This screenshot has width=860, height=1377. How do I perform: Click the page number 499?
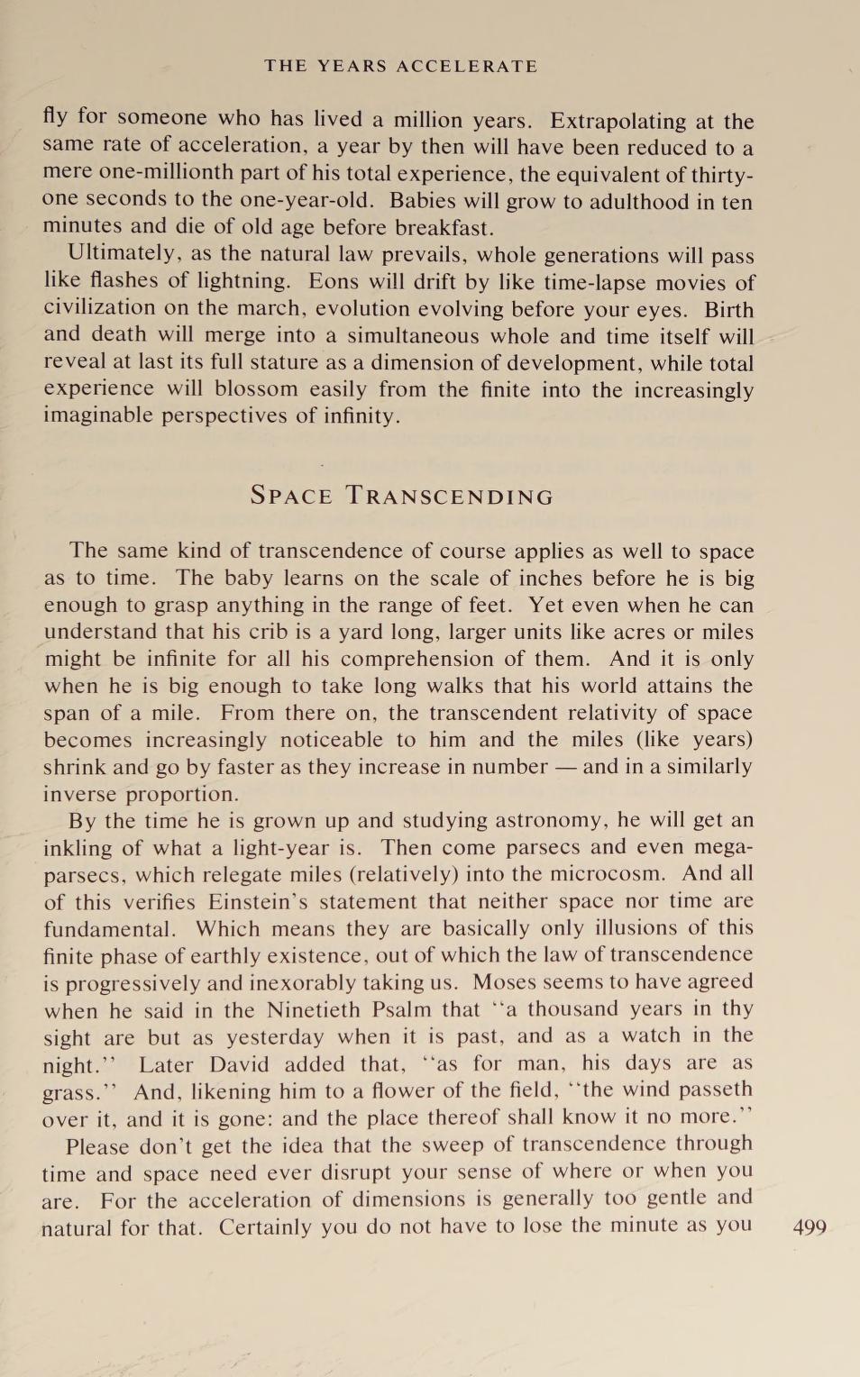coord(809,1227)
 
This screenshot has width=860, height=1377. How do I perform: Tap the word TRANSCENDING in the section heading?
coord(450,496)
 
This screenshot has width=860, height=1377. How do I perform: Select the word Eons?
coord(333,281)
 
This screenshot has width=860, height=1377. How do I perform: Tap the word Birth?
coord(728,309)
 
